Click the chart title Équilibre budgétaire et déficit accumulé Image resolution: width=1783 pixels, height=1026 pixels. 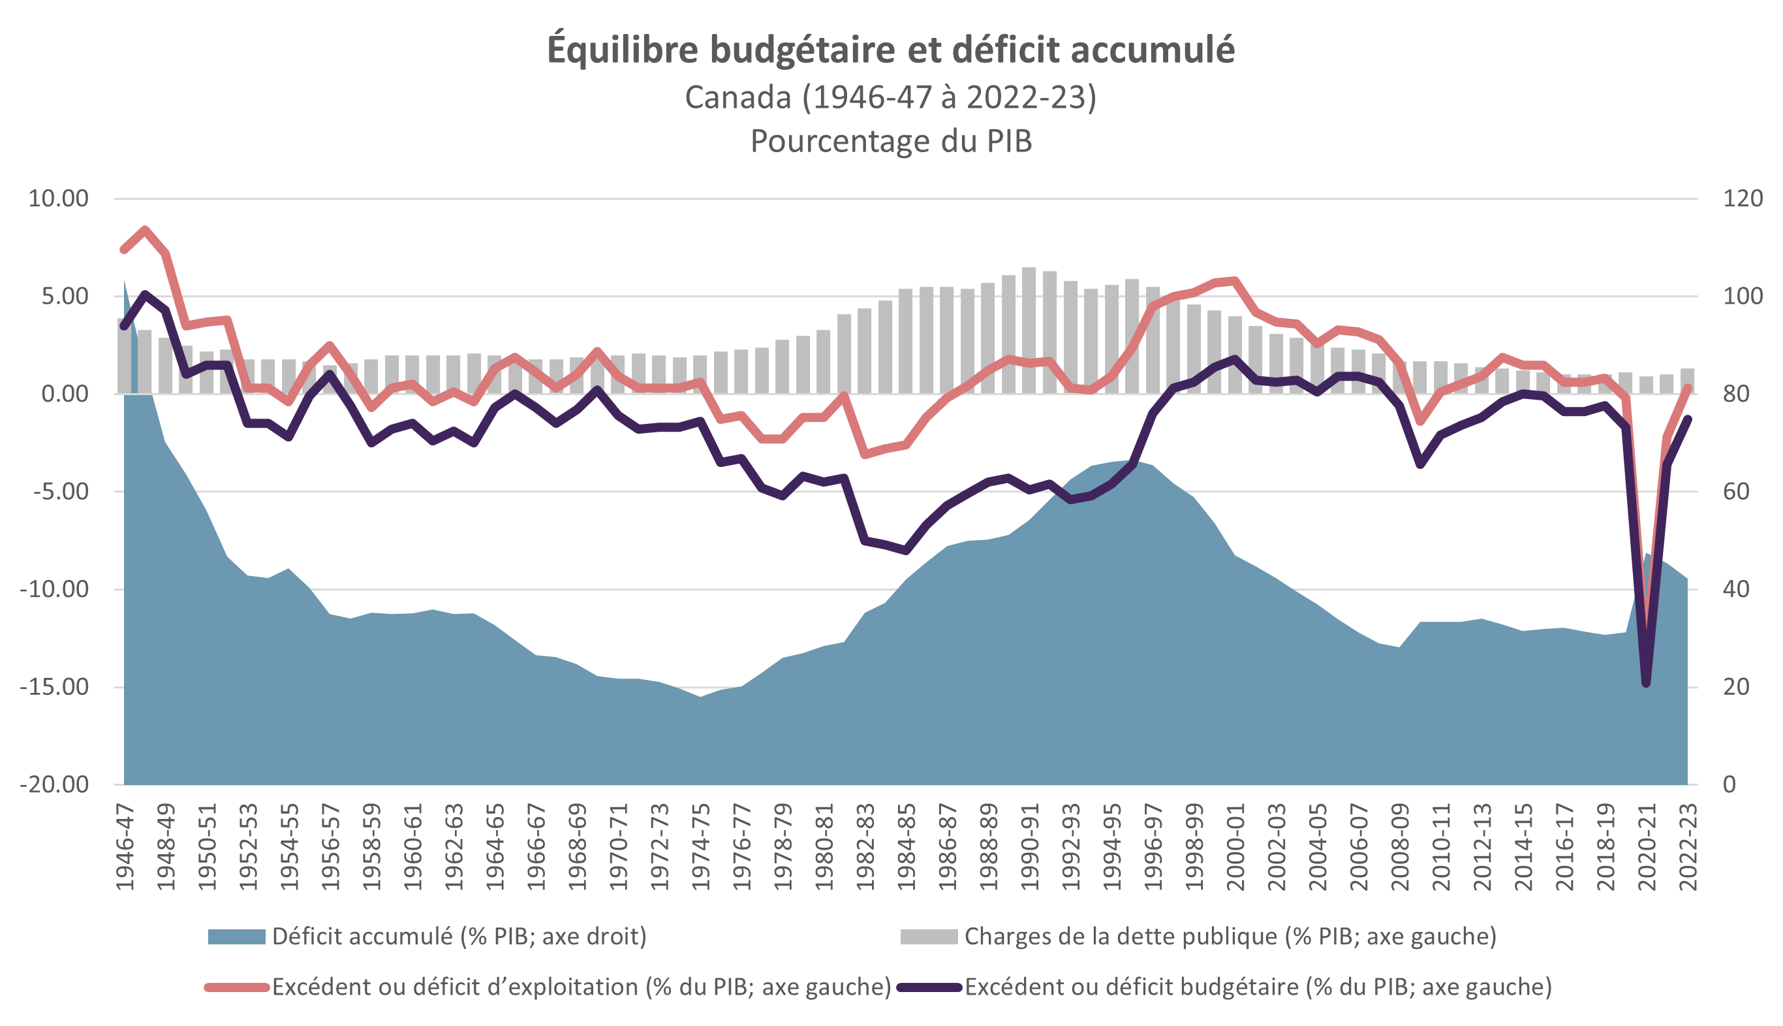click(891, 50)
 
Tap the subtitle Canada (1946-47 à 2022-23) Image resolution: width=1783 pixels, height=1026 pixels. click(891, 97)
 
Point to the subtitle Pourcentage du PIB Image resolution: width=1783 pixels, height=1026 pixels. click(891, 141)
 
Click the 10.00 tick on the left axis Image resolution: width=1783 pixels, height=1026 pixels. click(59, 199)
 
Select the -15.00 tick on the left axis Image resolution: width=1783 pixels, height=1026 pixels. click(54, 686)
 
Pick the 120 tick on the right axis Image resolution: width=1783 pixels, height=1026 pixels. click(1742, 199)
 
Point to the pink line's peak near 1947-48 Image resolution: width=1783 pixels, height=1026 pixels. click(145, 230)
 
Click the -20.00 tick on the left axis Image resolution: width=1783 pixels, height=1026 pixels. click(54, 784)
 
